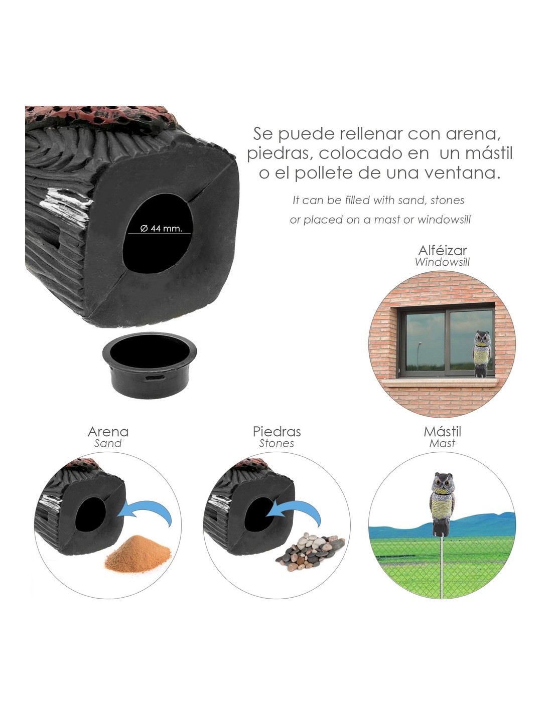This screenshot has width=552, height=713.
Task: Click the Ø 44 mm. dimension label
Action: (161, 228)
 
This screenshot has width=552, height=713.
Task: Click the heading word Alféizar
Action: (442, 251)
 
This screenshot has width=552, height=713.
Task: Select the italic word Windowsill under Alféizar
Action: (442, 262)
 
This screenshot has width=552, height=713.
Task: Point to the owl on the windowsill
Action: (481, 353)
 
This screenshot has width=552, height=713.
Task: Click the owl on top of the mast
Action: (442, 504)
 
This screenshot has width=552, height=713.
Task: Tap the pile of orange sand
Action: (137, 554)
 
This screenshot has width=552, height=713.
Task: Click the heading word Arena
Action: (108, 432)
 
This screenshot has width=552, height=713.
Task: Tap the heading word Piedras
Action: (277, 432)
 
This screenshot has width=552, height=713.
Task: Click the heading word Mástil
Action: (442, 432)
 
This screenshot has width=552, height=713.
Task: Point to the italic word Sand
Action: (108, 444)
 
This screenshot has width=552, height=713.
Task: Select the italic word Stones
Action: (277, 444)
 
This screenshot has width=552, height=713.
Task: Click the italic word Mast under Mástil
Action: (442, 444)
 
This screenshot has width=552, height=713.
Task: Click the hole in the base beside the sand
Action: (91, 514)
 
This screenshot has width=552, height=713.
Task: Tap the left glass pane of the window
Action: (425, 341)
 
